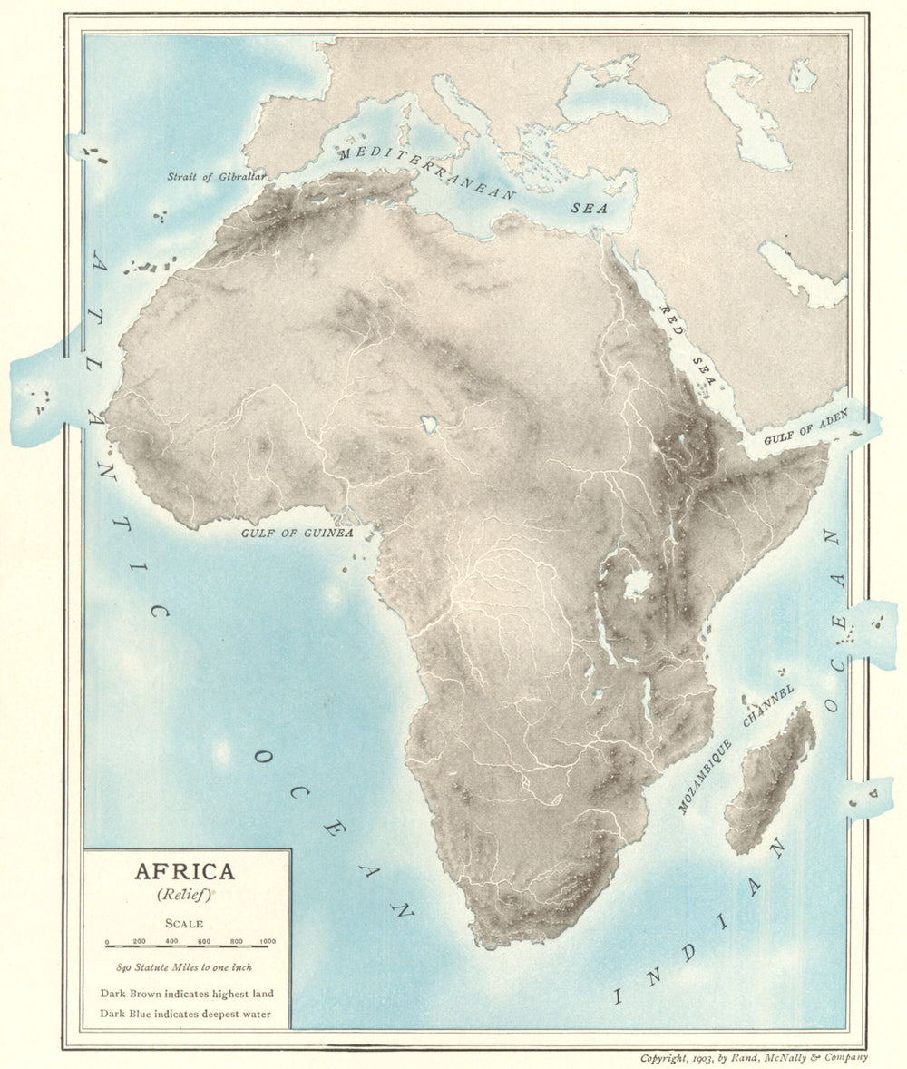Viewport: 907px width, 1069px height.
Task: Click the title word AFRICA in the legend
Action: (185, 872)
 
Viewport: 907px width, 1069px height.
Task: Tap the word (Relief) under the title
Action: (185, 895)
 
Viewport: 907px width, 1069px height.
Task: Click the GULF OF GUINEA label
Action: (297, 534)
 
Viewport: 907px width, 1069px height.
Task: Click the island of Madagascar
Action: (771, 780)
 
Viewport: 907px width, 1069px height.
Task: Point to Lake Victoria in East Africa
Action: (637, 584)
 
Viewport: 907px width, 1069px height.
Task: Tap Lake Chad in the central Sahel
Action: (429, 424)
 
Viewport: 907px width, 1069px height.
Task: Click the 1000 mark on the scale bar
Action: (268, 943)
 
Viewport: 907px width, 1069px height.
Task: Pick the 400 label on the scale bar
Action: (171, 943)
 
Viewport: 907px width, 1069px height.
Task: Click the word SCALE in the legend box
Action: (184, 924)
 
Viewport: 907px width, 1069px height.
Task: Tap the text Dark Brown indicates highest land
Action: (187, 994)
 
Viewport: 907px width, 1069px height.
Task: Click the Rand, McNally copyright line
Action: (754, 1058)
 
